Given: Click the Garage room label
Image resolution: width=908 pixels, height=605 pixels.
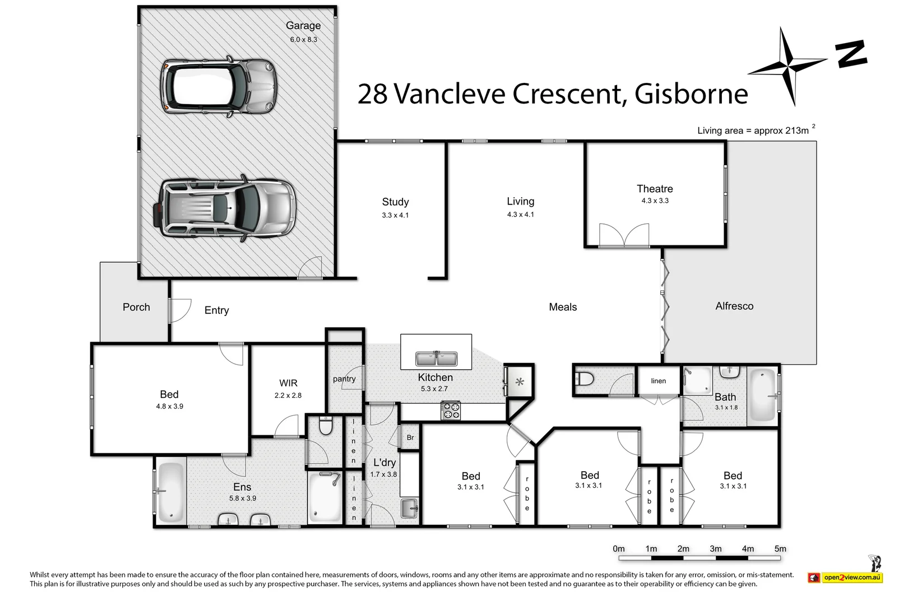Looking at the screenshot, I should (x=303, y=26).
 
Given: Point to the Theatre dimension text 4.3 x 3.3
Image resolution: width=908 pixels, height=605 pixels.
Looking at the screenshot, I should (x=655, y=201).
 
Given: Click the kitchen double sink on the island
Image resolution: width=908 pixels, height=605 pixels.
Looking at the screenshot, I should (x=436, y=359).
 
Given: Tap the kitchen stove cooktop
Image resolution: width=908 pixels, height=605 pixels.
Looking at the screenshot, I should (x=451, y=411).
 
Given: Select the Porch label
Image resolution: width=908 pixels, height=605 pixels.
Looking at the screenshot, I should (x=136, y=307).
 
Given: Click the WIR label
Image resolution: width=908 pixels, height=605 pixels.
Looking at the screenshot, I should (x=288, y=383).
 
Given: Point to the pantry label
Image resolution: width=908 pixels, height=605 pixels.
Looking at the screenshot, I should (x=344, y=379).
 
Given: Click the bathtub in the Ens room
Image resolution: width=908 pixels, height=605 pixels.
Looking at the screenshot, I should (x=171, y=491).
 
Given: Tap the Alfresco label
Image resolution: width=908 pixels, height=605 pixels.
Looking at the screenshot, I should (x=734, y=306).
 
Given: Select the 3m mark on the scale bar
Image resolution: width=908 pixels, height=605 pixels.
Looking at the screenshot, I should (x=716, y=549).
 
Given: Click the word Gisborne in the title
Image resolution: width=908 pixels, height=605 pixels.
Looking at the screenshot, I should (x=691, y=94).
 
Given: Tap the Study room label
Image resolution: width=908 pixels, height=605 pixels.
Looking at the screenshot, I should (x=395, y=202).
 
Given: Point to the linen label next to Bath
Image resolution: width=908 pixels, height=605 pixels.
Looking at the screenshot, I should (x=659, y=381).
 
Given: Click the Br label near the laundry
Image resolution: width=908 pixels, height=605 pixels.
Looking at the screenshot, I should (x=410, y=438).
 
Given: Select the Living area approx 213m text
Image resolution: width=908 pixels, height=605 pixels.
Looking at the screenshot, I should (x=753, y=131).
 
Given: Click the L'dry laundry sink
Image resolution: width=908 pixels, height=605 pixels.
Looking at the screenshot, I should (x=409, y=508).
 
